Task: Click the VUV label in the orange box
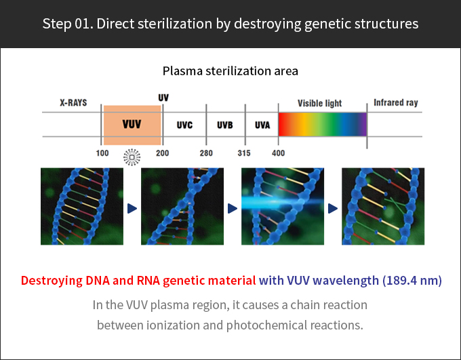point(132,124)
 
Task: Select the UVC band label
point(184,125)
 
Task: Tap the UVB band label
point(225,125)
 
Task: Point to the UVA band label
point(262,125)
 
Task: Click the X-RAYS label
point(73,102)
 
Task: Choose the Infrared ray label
point(396,102)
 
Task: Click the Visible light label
point(319,103)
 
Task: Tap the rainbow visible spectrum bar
point(323,125)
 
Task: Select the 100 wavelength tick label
point(102,153)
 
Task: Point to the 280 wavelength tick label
point(206,153)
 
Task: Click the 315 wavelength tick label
point(244,153)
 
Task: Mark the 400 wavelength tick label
point(278,153)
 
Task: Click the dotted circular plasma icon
point(132,157)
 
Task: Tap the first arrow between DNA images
point(132,209)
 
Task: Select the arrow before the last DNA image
point(333,209)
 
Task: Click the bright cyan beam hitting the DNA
point(281,203)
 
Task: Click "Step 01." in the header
point(68,24)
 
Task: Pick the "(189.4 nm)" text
point(412,280)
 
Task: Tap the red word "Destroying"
point(52,281)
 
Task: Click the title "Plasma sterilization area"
point(230,71)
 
